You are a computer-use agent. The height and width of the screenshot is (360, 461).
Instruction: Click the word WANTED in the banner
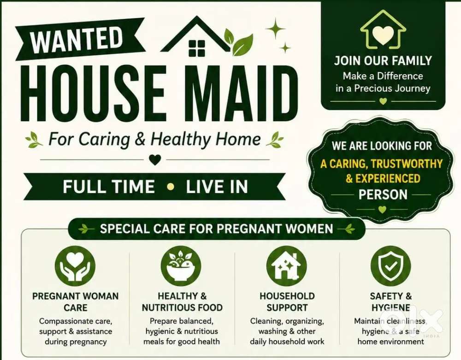coord(76,39)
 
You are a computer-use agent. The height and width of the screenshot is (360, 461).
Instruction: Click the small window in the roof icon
coord(197,48)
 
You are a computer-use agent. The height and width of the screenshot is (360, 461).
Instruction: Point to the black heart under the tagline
coord(155,160)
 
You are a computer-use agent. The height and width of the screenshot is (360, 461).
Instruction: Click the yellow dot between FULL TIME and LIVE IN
coord(170,187)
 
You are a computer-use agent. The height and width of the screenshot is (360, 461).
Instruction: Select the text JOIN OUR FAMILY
coord(383,60)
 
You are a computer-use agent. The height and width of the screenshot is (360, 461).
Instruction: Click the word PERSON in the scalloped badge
coord(383,195)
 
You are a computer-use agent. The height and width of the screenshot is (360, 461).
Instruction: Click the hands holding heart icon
coord(75,266)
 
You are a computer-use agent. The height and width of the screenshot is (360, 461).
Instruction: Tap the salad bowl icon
coord(181,266)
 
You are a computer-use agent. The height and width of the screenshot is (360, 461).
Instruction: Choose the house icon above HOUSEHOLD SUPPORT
coord(287,266)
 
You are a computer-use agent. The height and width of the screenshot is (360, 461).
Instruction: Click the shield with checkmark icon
coord(391,266)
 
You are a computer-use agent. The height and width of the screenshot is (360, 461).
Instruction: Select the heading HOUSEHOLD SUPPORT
coord(287,302)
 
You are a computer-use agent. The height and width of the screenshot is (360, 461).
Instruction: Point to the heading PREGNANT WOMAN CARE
coord(76,302)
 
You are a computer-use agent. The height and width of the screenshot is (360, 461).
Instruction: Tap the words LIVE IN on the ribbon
coord(217,187)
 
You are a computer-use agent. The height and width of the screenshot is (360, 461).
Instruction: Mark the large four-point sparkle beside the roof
coord(276,29)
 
